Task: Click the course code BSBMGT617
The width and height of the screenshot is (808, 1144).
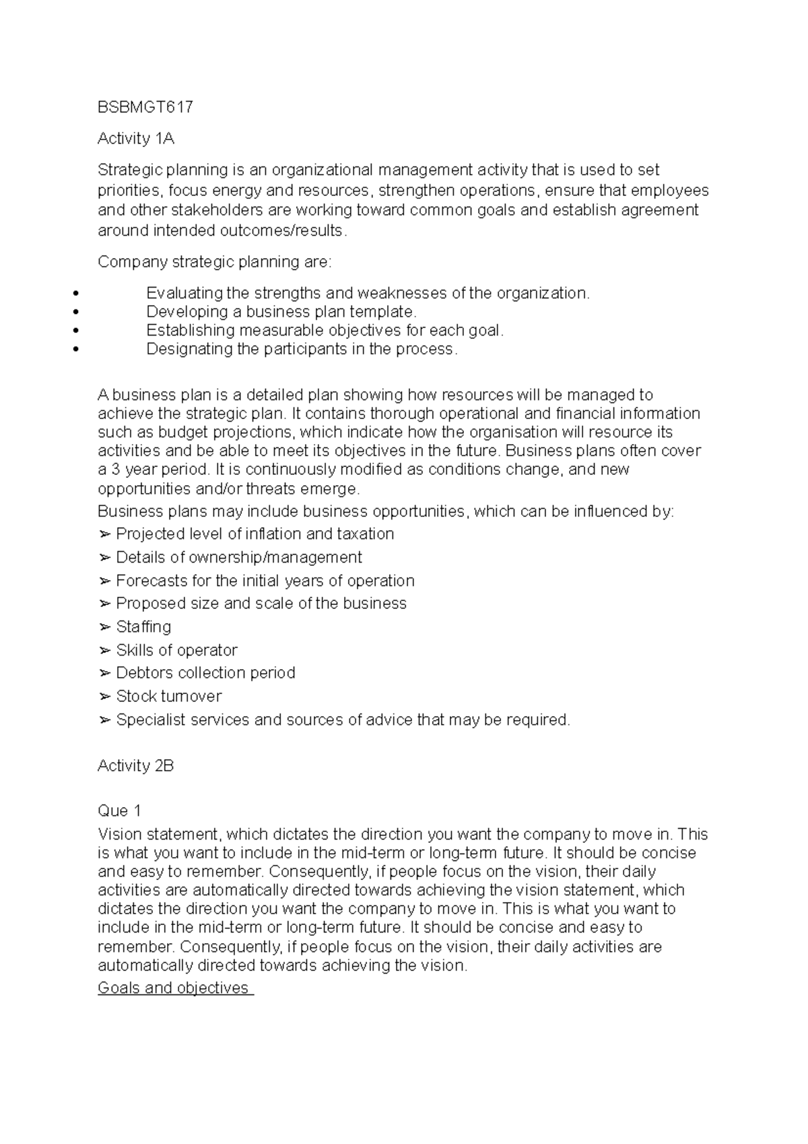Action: tap(145, 107)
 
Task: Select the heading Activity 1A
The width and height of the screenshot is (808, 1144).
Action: tap(136, 139)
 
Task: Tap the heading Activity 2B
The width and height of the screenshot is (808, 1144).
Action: tap(136, 765)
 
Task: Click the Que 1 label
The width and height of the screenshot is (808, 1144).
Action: tap(119, 811)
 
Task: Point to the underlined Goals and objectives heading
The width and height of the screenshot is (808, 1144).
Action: tap(175, 988)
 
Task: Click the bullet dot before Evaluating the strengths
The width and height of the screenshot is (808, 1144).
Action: tap(75, 294)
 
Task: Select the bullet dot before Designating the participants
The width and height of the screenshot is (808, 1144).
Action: tap(75, 350)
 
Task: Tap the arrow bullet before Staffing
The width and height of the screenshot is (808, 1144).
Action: tap(104, 627)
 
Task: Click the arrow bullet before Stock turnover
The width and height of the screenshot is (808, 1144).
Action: tap(104, 696)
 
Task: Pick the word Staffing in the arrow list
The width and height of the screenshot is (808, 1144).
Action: tap(143, 627)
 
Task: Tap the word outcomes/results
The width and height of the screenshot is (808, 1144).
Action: tap(281, 230)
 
